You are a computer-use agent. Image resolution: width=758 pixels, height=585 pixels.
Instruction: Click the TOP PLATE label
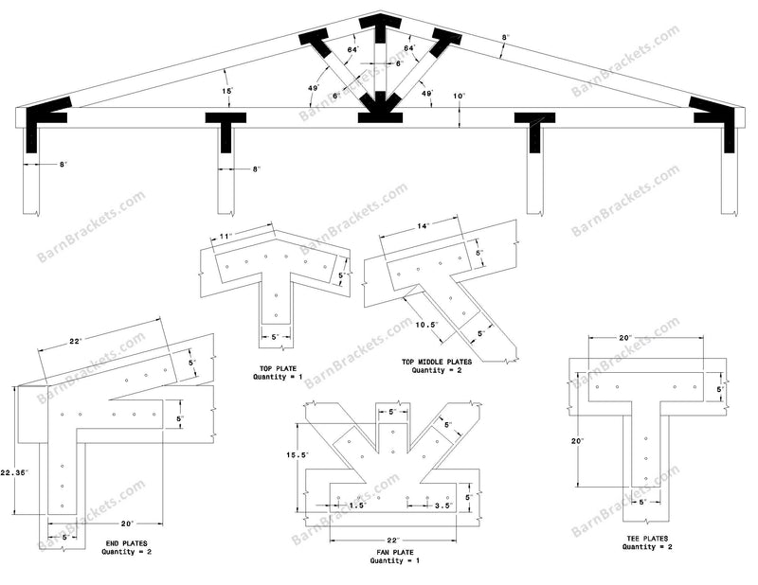coord(277,367)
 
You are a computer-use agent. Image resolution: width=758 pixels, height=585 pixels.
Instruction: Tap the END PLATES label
coord(129,542)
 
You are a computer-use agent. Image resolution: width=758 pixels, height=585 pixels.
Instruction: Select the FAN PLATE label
coord(394,552)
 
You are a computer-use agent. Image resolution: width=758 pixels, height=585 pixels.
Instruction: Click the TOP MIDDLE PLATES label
coord(436,362)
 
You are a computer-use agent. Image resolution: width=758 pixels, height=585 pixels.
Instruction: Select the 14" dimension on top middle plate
coord(423,226)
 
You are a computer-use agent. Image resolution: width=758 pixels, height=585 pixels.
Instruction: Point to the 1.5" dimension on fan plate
coord(358,505)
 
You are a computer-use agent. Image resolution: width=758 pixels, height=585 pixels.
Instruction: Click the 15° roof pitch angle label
coord(227,91)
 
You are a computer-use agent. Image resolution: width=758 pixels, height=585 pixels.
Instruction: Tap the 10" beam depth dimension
coord(459,96)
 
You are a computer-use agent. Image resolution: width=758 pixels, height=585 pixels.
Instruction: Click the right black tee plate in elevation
coord(535,128)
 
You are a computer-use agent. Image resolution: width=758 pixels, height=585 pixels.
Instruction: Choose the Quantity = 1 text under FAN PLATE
coord(394,561)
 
